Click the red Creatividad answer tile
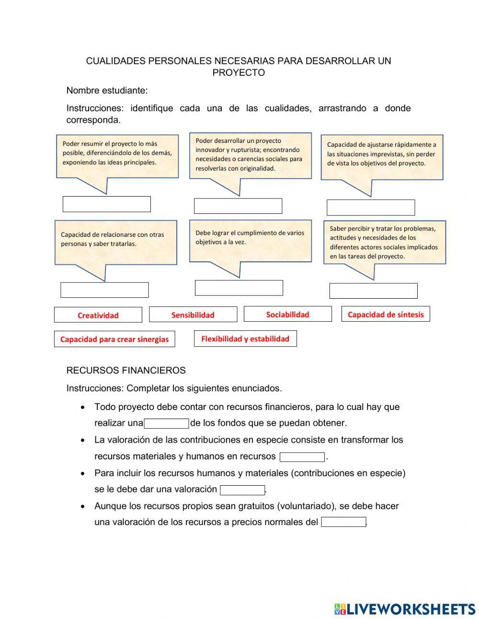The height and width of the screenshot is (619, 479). [98, 315]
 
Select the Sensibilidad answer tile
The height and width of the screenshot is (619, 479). [193, 315]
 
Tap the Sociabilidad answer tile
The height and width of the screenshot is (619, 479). [287, 314]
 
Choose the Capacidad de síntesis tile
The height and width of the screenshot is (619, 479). [386, 314]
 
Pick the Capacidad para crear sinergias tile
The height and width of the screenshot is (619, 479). [114, 339]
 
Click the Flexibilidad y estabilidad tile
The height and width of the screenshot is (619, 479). [245, 339]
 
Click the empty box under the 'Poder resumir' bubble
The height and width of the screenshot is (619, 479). [106, 204]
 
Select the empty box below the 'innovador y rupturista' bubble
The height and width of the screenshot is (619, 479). [238, 206]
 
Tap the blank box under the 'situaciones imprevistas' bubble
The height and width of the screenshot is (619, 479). [370, 208]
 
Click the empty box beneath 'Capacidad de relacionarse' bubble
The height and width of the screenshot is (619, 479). [104, 290]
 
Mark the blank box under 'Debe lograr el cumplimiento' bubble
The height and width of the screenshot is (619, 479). [239, 288]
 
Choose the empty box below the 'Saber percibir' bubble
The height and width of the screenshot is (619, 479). [373, 291]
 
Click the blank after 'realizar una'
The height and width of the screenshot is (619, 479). [167, 423]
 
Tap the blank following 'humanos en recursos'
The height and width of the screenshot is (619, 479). [302, 457]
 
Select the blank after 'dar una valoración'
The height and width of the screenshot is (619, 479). [242, 490]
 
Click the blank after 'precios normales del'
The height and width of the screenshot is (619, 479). [343, 522]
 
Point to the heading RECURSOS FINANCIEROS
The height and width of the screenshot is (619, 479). [125, 370]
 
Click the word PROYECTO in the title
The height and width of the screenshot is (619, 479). [239, 73]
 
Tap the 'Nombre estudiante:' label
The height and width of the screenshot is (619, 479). [107, 90]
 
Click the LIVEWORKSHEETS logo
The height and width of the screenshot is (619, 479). [405, 609]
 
